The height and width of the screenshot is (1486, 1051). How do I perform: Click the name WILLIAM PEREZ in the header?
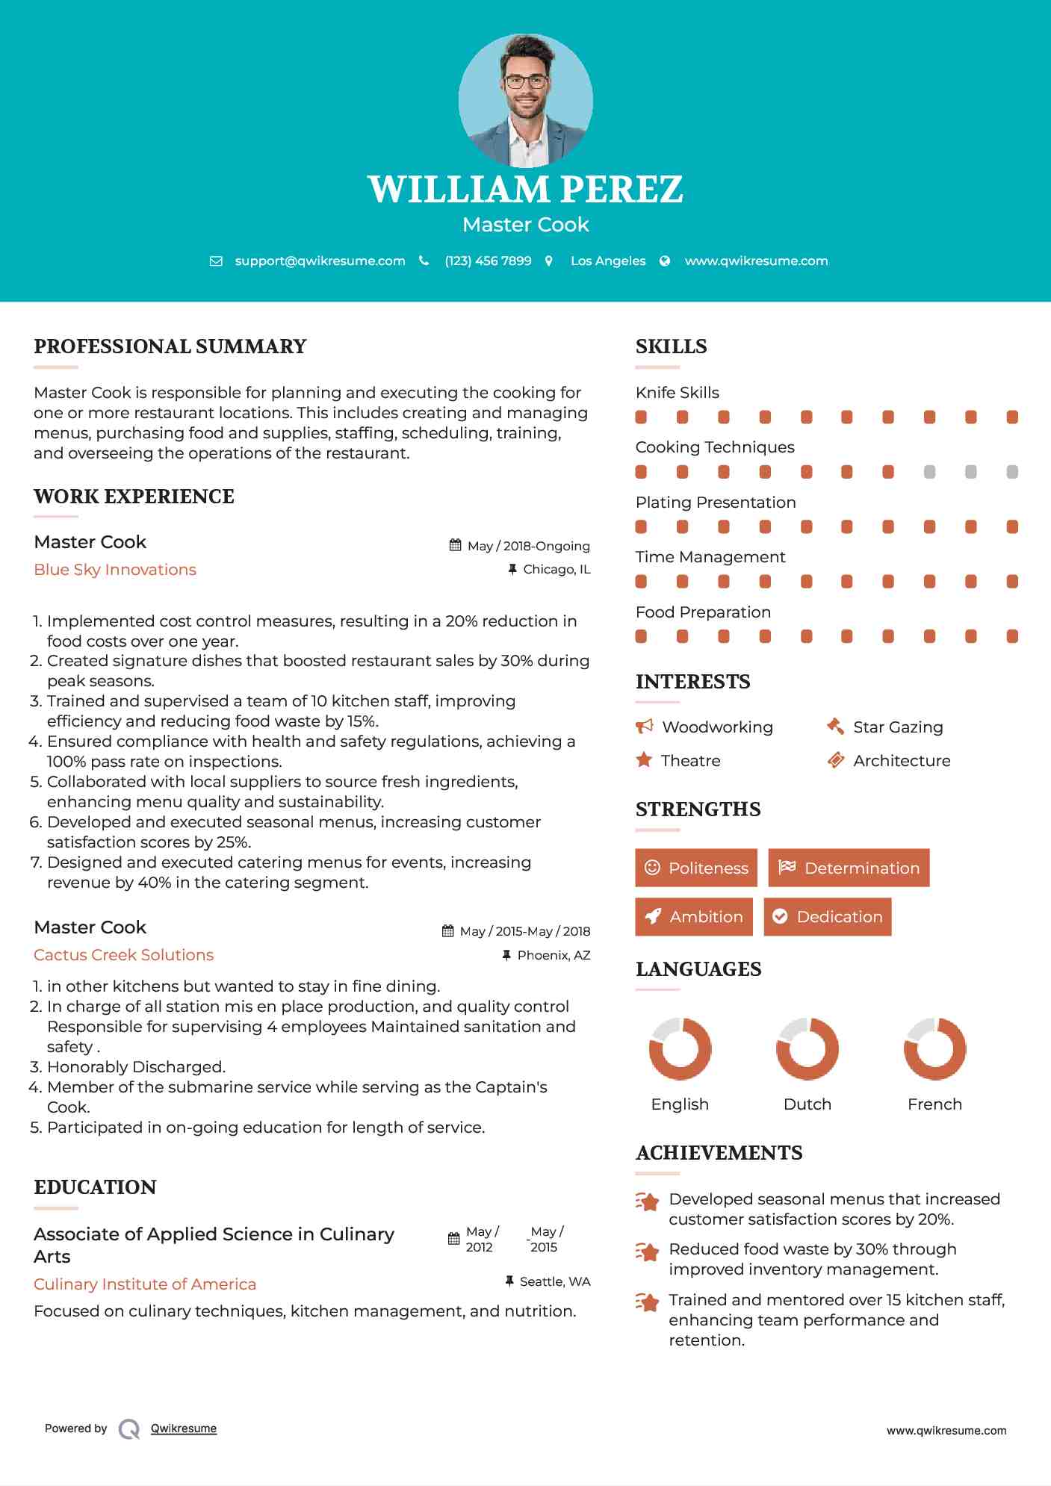pos(525,190)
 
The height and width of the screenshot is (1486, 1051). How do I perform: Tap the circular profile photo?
pos(525,100)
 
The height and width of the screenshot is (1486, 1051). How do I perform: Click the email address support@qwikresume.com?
pos(320,261)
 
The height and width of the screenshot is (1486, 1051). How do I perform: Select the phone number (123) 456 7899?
pos(488,261)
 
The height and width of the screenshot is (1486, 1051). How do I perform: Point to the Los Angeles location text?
pos(607,261)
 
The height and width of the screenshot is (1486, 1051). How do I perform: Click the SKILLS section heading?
pos(671,346)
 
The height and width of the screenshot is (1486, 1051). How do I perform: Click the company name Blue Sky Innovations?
pos(115,570)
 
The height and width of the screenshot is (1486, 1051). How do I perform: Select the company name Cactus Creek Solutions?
pos(123,955)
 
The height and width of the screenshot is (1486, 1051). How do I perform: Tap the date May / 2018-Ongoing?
pos(528,546)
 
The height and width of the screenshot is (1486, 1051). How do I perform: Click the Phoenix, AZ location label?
pos(554,955)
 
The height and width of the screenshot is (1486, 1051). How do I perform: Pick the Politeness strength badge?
pos(696,868)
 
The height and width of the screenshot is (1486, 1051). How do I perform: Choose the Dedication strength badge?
pos(828,917)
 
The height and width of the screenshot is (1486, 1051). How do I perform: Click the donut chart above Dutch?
pos(807,1048)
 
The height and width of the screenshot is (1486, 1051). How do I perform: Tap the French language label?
pos(934,1104)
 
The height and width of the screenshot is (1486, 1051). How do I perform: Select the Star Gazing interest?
pos(898,727)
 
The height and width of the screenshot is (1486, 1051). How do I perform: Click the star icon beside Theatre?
pos(644,760)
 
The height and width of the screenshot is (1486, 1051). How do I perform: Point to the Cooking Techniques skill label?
pos(715,447)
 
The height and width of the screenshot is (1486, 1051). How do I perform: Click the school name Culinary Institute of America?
pos(145,1284)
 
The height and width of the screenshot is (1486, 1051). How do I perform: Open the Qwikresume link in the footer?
pos(184,1429)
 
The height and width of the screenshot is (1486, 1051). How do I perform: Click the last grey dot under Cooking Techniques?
pos(1012,472)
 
